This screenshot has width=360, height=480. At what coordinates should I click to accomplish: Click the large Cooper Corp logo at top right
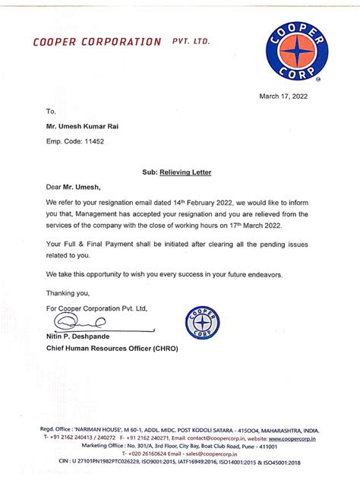pyautogui.click(x=297, y=52)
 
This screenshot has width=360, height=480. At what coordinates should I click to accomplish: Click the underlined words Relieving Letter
pyautogui.click(x=185, y=172)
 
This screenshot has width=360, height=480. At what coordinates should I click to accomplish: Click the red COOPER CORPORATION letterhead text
pyautogui.click(x=97, y=43)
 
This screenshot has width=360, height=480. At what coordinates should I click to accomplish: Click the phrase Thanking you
pyautogui.click(x=68, y=292)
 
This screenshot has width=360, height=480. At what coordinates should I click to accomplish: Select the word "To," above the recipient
pyautogui.click(x=51, y=111)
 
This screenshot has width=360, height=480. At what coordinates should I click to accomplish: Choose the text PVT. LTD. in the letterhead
pyautogui.click(x=191, y=43)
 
